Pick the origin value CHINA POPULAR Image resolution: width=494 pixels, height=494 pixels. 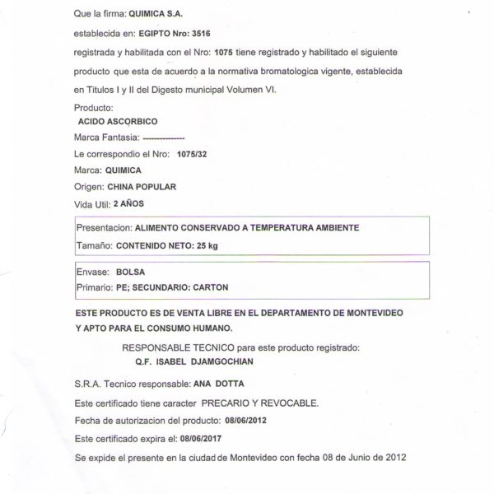click(142, 187)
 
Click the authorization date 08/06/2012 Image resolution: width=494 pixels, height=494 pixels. click(245, 420)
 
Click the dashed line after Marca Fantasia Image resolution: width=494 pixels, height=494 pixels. click(164, 137)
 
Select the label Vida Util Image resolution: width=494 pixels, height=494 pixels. click(91, 203)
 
